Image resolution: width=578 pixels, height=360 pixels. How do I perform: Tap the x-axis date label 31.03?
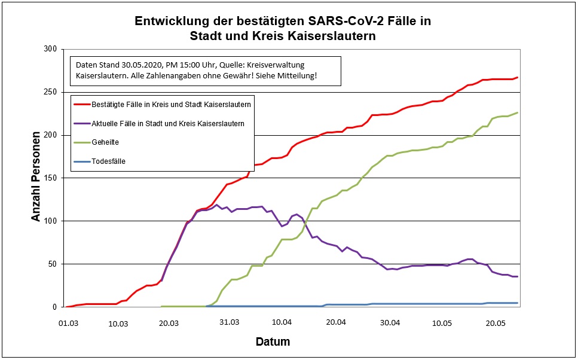click(x=229, y=322)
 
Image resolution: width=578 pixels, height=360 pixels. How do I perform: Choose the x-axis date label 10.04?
click(x=282, y=322)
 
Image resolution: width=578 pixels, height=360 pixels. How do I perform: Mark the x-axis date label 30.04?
click(x=390, y=322)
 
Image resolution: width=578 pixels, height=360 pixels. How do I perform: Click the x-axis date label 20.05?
click(x=496, y=322)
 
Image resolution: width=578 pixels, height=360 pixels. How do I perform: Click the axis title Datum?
click(x=273, y=343)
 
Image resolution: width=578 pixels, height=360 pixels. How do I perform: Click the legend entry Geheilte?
click(x=105, y=142)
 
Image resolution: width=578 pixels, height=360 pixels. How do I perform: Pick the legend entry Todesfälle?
click(x=108, y=161)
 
